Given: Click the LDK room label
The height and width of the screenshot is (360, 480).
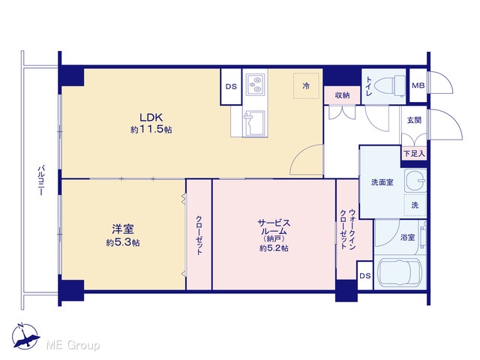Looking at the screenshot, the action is tap(151, 118).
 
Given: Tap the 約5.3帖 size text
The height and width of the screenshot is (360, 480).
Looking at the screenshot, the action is tap(123, 243).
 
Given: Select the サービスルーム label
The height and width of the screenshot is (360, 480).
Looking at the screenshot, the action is tap(274, 227).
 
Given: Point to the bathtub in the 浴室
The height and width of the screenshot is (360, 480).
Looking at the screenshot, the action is tap(399, 272).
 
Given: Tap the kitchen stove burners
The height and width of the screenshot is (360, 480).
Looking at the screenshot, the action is tap(255, 83).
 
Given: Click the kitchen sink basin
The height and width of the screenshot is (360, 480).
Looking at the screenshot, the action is tap(253, 123).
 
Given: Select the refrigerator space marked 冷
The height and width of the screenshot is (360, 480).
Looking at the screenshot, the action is tap(306, 86).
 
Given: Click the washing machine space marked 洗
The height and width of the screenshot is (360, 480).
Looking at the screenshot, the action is tap(415, 205).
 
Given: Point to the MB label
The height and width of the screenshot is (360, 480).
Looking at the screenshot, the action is tap(418, 85).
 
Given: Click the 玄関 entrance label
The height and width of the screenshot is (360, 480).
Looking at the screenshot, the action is tap(414, 120).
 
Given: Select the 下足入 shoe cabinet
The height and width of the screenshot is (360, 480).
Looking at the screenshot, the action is tap(414, 154).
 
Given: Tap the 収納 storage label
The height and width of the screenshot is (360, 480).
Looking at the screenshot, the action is tap(342, 95).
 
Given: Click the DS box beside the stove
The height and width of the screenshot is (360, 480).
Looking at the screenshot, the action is tap(231, 87).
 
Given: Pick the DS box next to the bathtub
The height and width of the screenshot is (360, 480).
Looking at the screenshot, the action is tap(365, 276).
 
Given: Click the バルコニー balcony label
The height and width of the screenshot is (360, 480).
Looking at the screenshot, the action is tap(41, 180).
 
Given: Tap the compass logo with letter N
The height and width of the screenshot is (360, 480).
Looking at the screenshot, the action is tap(25, 336).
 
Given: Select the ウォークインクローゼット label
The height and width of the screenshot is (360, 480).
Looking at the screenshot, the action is tap(348, 229).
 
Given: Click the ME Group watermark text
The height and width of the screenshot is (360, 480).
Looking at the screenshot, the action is tap(73, 345).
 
